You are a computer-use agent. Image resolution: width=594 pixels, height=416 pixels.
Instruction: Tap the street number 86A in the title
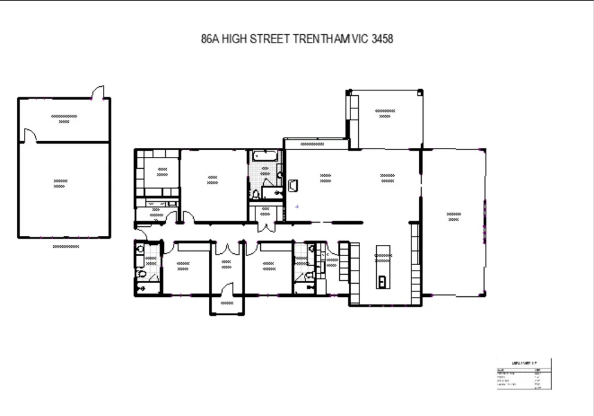click(x=211, y=40)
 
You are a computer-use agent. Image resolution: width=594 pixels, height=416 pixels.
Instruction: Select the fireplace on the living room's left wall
click(x=293, y=186)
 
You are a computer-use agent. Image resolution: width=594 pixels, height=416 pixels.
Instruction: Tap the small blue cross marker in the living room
click(x=297, y=207)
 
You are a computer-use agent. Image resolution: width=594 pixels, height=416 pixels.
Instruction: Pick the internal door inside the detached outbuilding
click(x=30, y=136)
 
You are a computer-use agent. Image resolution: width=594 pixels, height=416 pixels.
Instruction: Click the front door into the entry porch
click(x=227, y=291)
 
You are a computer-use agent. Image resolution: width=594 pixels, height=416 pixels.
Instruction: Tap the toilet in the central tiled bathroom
click(x=255, y=194)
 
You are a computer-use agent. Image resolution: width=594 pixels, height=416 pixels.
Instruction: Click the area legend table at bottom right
click(x=524, y=374)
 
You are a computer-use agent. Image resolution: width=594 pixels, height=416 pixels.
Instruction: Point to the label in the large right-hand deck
click(x=454, y=217)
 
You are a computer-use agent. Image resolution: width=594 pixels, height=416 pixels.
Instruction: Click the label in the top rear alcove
click(x=385, y=114)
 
